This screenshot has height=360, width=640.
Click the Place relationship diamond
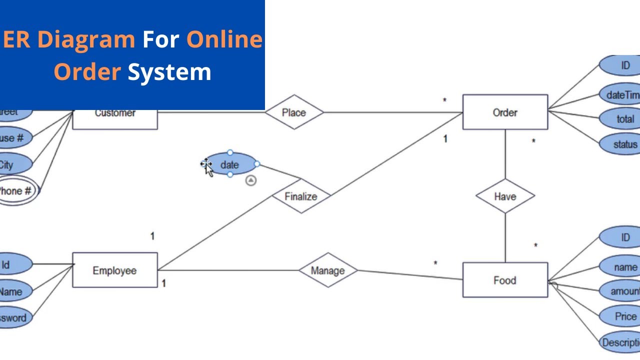tap(294, 112)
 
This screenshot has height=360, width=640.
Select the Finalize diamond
tap(301, 196)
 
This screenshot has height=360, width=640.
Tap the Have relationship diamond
tap(505, 196)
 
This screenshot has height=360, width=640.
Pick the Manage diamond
tap(328, 270)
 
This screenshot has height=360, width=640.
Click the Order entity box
tap(505, 112)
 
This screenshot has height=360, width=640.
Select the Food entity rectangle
tap(505, 280)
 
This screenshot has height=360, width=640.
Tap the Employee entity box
tap(115, 270)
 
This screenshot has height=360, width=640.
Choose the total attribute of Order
tap(624, 119)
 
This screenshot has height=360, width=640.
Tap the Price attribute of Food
tap(624, 316)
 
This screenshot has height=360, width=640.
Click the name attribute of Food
tap(624, 267)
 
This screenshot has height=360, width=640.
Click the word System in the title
tap(169, 71)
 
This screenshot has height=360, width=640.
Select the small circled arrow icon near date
tap(251, 180)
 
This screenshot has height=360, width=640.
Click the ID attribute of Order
tap(624, 65)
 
